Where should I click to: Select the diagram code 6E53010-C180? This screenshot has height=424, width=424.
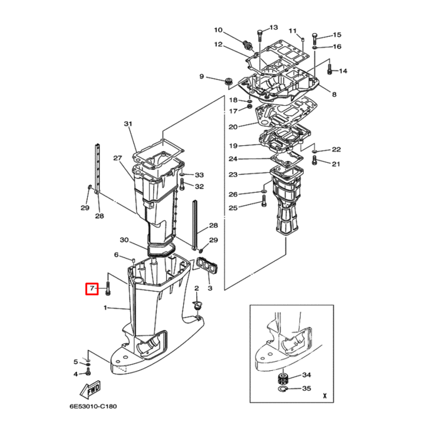pyautogui.click(x=93, y=406)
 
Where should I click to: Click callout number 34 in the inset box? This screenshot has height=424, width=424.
pyautogui.click(x=306, y=375)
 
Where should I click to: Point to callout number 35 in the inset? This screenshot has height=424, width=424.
pyautogui.click(x=306, y=388)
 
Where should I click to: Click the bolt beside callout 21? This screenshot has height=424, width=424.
pyautogui.click(x=315, y=160)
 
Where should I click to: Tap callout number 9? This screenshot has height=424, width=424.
pyautogui.click(x=202, y=76)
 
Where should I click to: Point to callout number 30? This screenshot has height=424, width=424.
pyautogui.click(x=124, y=240)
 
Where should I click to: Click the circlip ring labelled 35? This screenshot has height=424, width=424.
pyautogui.click(x=284, y=389)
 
